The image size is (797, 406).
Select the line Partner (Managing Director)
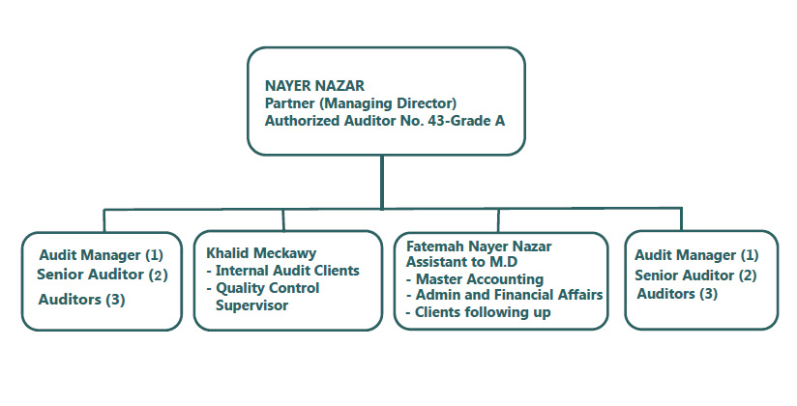coord(361,102)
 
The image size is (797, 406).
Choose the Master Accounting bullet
coord(473,279)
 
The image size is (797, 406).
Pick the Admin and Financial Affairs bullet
coord(503,295)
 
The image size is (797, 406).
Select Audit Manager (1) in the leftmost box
coord(102,255)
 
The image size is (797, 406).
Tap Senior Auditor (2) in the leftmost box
coord(103,275)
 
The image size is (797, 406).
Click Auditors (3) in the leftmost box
coord(82,299)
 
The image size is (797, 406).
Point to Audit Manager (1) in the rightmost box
coord(696,255)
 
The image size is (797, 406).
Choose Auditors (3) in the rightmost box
coord(677,293)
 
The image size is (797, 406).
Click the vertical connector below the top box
coord(383,181)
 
